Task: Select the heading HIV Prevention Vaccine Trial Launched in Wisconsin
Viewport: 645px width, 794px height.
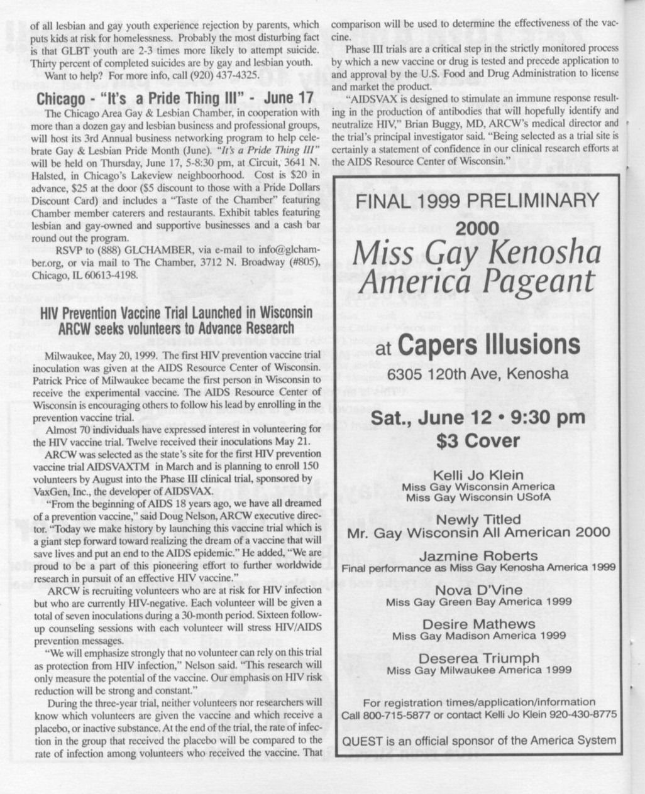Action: tap(175, 313)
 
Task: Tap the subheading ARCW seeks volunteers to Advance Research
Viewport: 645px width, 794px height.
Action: tap(175, 327)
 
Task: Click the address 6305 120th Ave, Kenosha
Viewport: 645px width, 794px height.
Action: tap(477, 374)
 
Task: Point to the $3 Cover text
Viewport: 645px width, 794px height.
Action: tap(478, 440)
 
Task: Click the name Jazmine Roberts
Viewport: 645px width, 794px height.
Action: tap(478, 556)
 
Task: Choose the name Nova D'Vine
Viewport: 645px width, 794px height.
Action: tap(478, 590)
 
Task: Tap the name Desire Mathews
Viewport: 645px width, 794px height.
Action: tap(478, 624)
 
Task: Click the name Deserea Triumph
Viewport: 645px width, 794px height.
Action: tap(478, 658)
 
